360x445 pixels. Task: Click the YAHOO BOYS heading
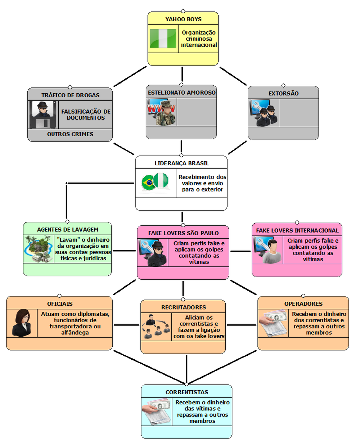tap(183, 19)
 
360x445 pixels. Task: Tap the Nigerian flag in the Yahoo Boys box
tap(163, 39)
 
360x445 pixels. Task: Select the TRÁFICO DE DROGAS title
tap(70, 95)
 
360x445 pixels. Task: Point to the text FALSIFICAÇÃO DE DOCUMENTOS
tap(86, 114)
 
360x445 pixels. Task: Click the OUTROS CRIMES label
tap(70, 134)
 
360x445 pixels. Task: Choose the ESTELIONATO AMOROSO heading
tap(181, 93)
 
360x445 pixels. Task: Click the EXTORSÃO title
tap(283, 94)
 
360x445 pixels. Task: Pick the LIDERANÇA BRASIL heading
tap(181, 163)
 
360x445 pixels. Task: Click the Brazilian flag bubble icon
tap(148, 183)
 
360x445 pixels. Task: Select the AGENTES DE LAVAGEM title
tap(68, 230)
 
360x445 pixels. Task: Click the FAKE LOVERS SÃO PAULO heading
tap(183, 233)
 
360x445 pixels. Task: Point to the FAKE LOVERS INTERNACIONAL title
tap(297, 230)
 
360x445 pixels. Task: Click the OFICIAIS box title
tap(60, 304)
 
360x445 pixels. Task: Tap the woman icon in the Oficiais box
tap(22, 323)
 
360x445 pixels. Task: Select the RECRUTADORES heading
tap(183, 307)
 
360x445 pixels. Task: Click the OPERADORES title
tap(303, 304)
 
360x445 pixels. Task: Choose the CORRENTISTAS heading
tap(186, 392)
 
